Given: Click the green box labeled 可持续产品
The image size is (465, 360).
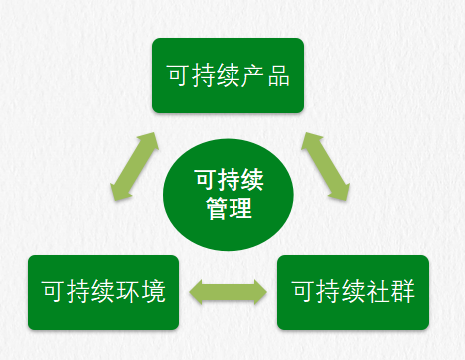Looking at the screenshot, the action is click(x=228, y=76).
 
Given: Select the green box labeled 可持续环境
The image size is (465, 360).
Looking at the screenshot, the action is click(x=103, y=292).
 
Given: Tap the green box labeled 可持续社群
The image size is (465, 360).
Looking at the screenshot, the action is click(x=353, y=292).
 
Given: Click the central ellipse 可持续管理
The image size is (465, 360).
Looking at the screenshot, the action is click(x=228, y=194).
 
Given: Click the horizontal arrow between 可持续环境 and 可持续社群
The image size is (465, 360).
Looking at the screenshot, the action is click(x=228, y=292).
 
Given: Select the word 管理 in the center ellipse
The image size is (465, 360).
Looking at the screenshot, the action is click(x=229, y=210).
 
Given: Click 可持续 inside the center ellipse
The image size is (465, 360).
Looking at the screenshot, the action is click(x=229, y=181).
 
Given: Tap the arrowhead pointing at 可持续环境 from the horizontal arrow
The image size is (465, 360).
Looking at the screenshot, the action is click(x=196, y=292).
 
